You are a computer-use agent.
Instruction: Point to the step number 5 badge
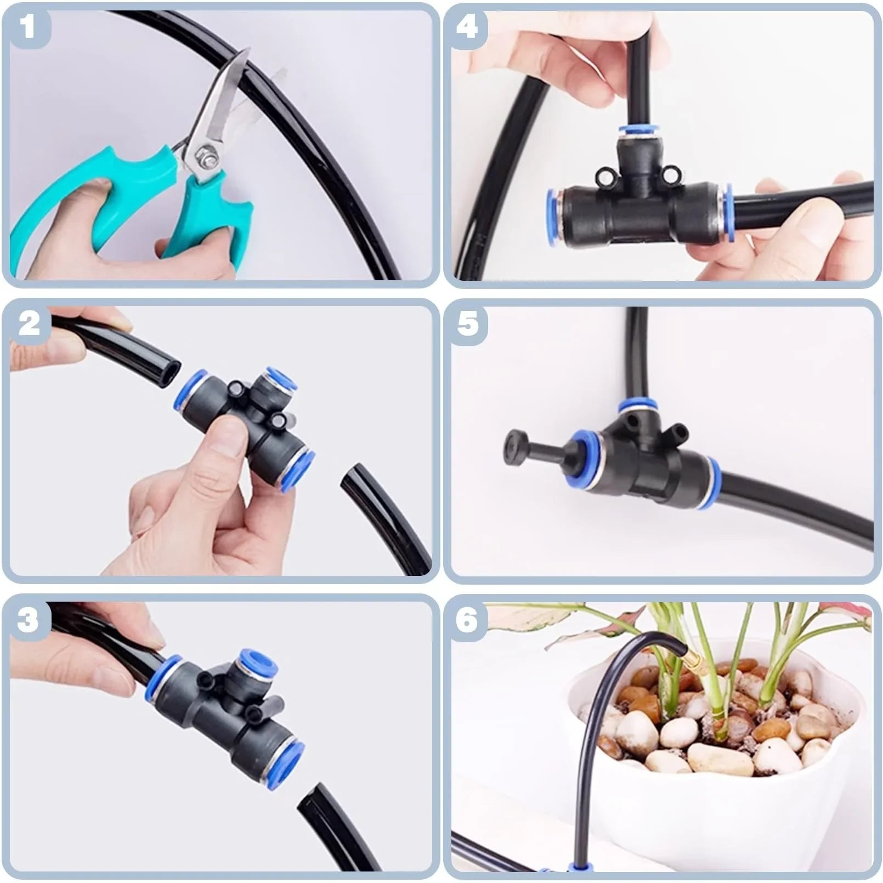[467, 324]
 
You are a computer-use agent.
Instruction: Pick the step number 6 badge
[467, 620]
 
